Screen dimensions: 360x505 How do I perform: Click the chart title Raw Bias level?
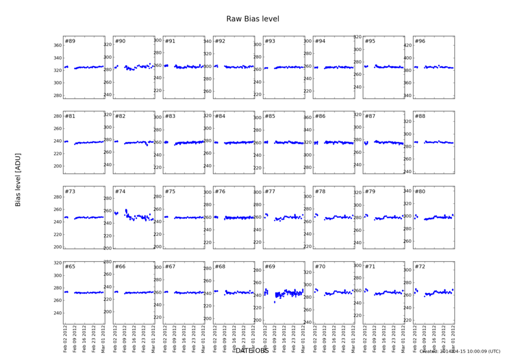pyautogui.click(x=252, y=19)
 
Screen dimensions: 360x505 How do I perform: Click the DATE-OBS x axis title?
pyautogui.click(x=252, y=350)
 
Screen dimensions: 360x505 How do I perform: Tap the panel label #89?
pyautogui.click(x=70, y=41)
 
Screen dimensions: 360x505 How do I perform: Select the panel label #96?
pyautogui.click(x=420, y=41)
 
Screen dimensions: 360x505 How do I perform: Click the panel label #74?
pyautogui.click(x=120, y=192)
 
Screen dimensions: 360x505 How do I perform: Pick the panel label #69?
pyautogui.click(x=270, y=266)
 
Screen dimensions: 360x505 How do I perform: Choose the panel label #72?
pyautogui.click(x=420, y=266)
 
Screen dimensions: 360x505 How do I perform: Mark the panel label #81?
pyautogui.click(x=70, y=116)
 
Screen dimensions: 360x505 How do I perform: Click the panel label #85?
pyautogui.click(x=270, y=116)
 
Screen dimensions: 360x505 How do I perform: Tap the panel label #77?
pyautogui.click(x=270, y=192)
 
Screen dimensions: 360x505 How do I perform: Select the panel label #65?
pyautogui.click(x=70, y=266)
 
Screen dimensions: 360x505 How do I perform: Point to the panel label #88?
pyautogui.click(x=420, y=116)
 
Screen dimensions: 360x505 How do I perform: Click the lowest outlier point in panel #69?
pyautogui.click(x=274, y=302)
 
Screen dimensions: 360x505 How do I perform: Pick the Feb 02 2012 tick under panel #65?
pyautogui.click(x=66, y=337)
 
